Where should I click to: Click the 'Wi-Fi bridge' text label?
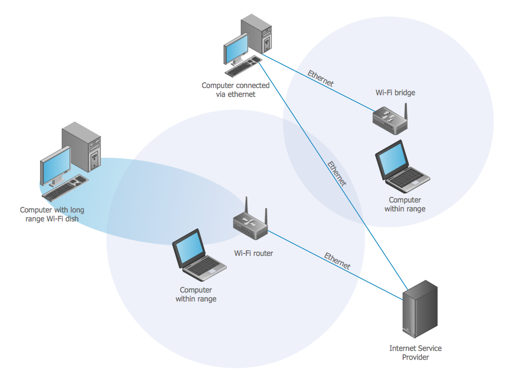click(395, 92)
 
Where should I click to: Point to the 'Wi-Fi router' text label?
click(254, 253)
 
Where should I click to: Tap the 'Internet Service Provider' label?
click(415, 352)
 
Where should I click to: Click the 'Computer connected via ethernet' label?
click(235, 89)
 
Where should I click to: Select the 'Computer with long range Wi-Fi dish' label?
click(52, 215)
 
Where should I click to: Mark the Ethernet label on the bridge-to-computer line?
click(321, 79)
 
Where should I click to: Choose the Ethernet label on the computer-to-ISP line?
click(337, 173)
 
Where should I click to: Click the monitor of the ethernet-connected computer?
click(236, 49)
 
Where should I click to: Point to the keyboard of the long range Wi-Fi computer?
click(66, 187)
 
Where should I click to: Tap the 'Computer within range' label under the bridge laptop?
click(405, 204)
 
